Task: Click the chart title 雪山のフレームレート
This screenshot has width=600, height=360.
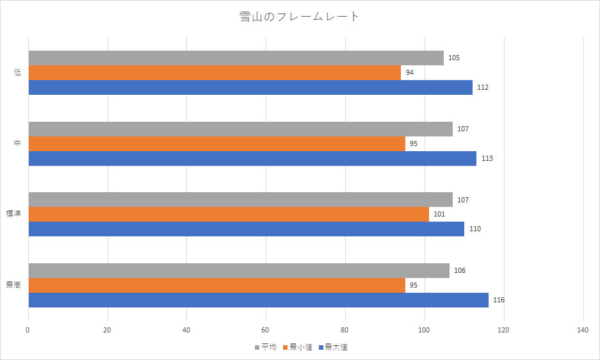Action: [300, 17]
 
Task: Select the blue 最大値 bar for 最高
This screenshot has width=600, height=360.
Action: [258, 300]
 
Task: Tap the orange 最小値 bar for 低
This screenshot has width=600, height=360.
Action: [215, 72]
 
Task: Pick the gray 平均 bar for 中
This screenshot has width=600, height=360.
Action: [240, 129]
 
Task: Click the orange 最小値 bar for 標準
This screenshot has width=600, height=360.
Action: [229, 214]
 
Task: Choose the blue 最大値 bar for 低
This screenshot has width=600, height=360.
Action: [250, 87]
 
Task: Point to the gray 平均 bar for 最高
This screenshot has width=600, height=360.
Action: [239, 270]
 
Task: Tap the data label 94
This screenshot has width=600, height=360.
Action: [409, 72]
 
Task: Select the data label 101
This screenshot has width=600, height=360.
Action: [439, 214]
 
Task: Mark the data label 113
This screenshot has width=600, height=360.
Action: [487, 158]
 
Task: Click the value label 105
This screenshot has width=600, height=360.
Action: [454, 58]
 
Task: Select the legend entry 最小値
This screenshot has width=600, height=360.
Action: [300, 347]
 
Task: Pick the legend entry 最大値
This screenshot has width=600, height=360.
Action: [336, 347]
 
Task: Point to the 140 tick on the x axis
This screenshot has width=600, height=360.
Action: [583, 330]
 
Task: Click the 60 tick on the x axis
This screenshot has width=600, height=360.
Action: [266, 330]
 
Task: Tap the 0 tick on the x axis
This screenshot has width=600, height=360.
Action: [28, 330]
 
